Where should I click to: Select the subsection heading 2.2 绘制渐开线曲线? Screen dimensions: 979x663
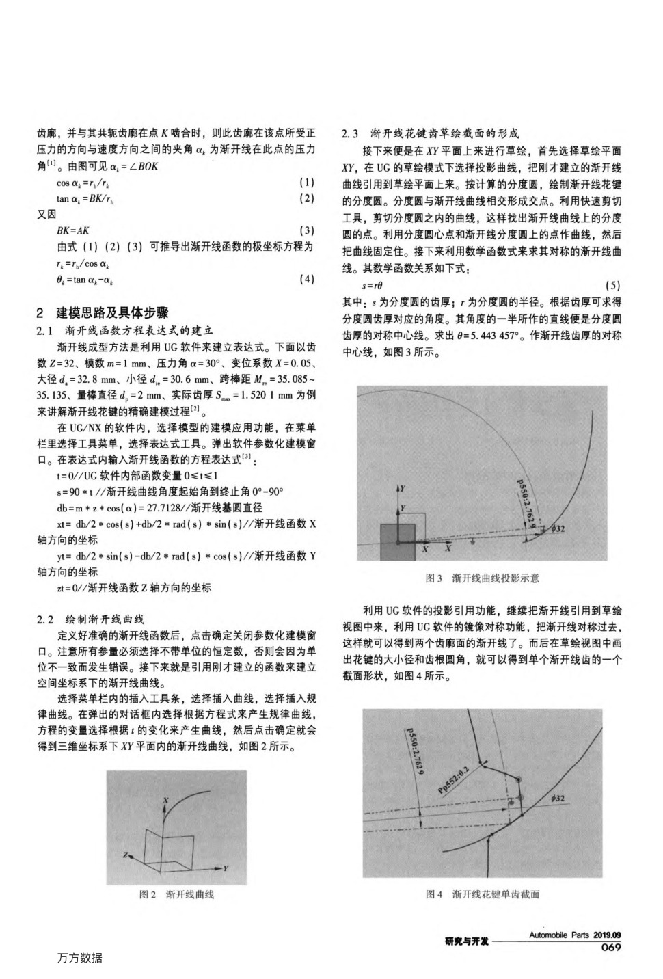pyautogui.click(x=90, y=619)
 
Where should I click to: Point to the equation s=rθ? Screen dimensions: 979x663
pyautogui.click(x=373, y=285)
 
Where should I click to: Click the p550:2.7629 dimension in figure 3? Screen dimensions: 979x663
pyautogui.click(x=526, y=506)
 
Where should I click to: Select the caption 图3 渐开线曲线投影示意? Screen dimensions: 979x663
pyautogui.click(x=482, y=578)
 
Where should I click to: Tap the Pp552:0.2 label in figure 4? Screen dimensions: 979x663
pyautogui.click(x=454, y=777)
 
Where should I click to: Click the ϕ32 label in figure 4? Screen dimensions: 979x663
pyautogui.click(x=556, y=798)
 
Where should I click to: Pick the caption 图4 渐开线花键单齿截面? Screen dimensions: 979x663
pyautogui.click(x=482, y=894)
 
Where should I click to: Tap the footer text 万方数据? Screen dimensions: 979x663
pyautogui.click(x=80, y=958)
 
